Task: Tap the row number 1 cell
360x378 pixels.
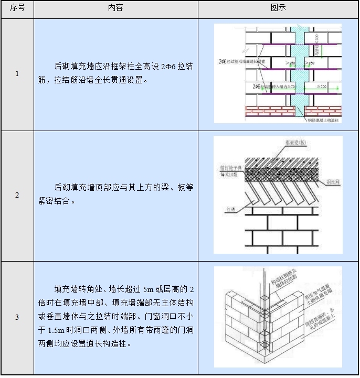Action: point(17,74)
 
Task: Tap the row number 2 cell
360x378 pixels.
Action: point(17,195)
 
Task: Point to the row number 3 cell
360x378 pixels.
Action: point(17,317)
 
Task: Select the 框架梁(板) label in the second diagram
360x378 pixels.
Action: point(295,142)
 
